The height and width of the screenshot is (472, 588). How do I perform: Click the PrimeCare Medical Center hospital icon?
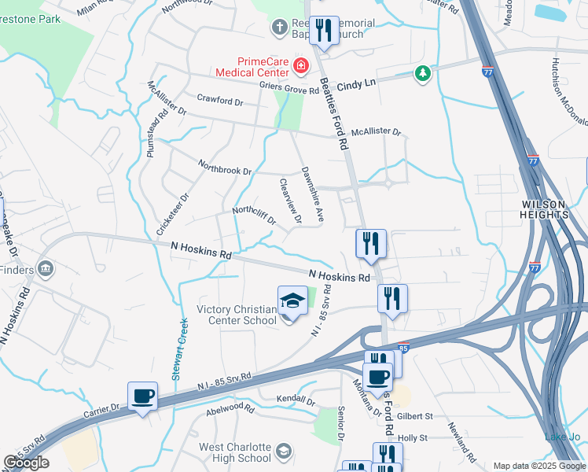click(x=300, y=65)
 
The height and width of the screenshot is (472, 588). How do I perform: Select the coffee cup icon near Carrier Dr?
click(x=142, y=396)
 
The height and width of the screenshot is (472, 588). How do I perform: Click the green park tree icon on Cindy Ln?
click(x=423, y=73)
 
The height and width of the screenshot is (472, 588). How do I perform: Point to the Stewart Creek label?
click(x=179, y=349)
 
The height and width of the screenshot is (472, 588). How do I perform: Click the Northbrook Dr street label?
click(x=225, y=168)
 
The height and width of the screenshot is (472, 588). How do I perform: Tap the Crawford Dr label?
click(x=220, y=101)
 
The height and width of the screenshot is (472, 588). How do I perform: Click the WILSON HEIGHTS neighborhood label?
click(x=543, y=208)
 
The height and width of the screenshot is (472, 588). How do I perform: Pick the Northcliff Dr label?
click(x=253, y=216)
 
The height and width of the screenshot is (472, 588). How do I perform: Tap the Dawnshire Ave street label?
click(x=312, y=193)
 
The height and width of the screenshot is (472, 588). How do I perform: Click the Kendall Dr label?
click(x=296, y=401)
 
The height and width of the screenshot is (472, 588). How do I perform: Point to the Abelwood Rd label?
click(x=230, y=410)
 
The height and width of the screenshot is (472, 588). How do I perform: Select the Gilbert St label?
click(x=415, y=415)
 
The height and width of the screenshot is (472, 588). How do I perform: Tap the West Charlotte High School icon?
click(x=283, y=451)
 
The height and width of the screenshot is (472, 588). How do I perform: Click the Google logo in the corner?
click(x=26, y=463)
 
